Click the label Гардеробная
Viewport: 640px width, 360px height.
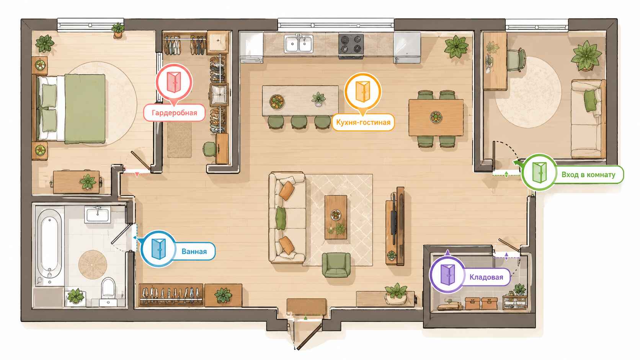tap(174, 113)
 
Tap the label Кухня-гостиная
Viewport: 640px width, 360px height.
tap(363, 122)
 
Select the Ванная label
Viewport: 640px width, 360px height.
tap(194, 251)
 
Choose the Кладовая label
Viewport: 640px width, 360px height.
tap(486, 277)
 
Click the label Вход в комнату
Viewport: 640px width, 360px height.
tap(588, 175)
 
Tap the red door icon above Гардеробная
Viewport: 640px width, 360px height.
tap(174, 82)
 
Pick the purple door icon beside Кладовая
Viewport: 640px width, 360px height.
tap(447, 275)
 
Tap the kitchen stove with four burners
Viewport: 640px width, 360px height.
tap(351, 45)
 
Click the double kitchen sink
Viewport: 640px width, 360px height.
tap(298, 44)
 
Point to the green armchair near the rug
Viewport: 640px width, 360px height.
tap(336, 265)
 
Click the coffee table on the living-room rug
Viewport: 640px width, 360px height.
tap(336, 217)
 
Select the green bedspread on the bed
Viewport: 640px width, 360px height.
tap(85, 109)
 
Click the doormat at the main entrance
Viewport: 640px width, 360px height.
tap(306, 306)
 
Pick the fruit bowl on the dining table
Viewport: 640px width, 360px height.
tap(436, 117)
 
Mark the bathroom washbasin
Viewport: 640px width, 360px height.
tap(98, 214)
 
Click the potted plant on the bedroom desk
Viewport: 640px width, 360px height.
tap(88, 182)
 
